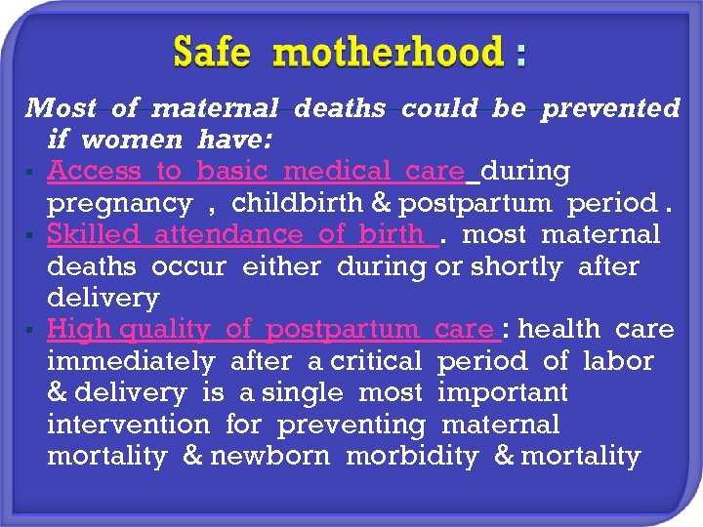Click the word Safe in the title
tap(213, 52)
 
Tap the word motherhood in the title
tap(388, 52)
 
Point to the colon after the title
tap(520, 56)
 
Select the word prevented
tap(610, 108)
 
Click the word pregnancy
tap(119, 203)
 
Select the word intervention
tap(128, 425)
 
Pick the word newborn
tap(269, 456)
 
